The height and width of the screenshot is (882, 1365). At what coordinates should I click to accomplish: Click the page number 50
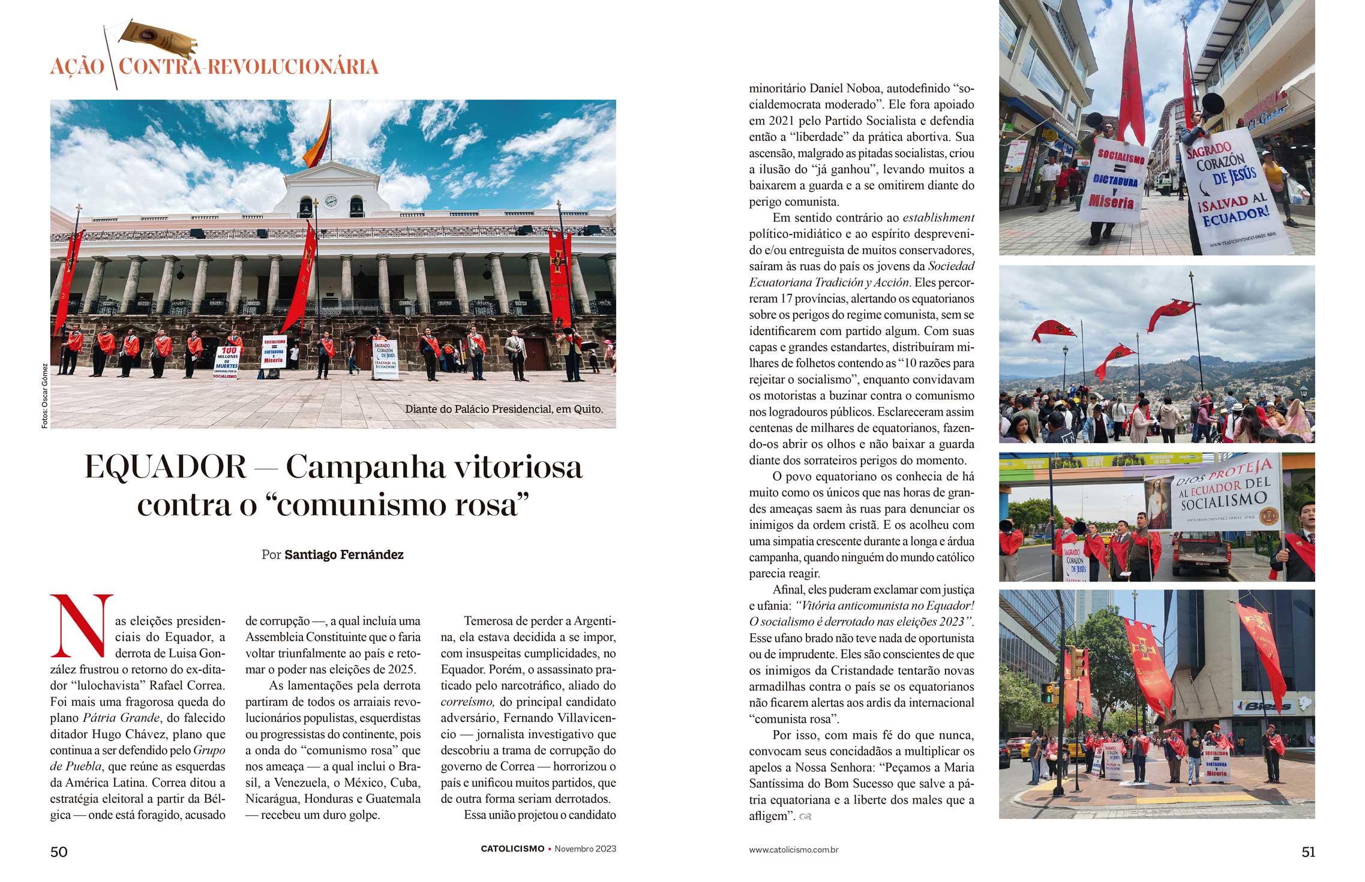[x=59, y=851]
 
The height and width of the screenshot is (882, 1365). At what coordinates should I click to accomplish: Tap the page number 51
[x=1308, y=851]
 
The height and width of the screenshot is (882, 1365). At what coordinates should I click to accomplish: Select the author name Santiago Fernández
[x=344, y=555]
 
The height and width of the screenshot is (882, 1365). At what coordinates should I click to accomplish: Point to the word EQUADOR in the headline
[x=166, y=466]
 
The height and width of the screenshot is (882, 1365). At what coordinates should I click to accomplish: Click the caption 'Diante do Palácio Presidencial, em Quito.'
[x=503, y=409]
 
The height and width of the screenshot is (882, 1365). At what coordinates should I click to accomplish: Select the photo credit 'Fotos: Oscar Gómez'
[x=44, y=396]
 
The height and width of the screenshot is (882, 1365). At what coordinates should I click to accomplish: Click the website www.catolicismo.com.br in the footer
[x=793, y=850]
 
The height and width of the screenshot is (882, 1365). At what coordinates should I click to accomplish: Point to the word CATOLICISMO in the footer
[x=512, y=849]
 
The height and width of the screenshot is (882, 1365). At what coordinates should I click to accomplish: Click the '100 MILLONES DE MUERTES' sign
[x=227, y=362]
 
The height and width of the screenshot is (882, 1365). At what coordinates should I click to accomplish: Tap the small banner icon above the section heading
[x=158, y=38]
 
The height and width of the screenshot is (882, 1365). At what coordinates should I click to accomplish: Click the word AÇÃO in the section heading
[x=77, y=67]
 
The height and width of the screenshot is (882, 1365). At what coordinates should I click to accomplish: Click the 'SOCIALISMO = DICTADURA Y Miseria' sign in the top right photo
[x=1112, y=180]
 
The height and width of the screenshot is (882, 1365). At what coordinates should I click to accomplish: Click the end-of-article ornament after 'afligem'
[x=805, y=817]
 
